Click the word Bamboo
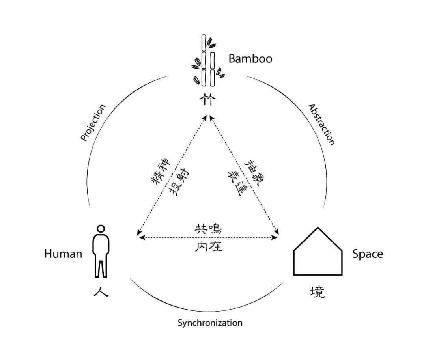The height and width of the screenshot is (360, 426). [x=250, y=59]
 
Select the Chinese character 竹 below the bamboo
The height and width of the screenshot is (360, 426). [x=208, y=99]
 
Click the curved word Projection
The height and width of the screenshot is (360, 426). [x=93, y=123]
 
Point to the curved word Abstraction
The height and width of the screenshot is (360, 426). [x=321, y=125]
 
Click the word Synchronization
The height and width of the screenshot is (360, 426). [x=210, y=323]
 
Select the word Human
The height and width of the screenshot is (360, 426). [x=63, y=254]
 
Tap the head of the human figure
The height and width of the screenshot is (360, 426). [x=101, y=229]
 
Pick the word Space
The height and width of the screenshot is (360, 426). [x=368, y=254]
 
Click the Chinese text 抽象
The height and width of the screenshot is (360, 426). [x=254, y=171]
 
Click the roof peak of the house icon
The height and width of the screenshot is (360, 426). [x=318, y=228]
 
